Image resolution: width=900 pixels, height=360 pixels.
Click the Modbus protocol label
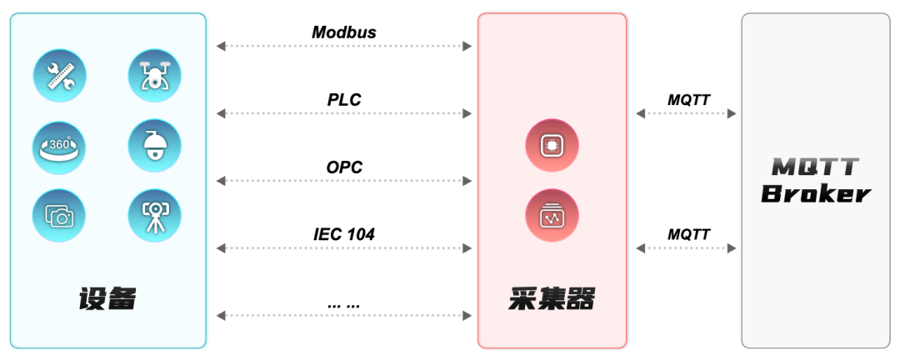[x=344, y=32]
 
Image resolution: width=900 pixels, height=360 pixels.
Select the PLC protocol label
[x=344, y=100]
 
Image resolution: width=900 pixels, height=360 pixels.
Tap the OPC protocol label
[x=344, y=167]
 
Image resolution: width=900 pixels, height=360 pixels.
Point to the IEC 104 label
[x=344, y=234]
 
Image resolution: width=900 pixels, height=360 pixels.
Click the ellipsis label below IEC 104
[x=344, y=303]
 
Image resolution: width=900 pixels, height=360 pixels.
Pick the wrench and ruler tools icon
[x=59, y=76]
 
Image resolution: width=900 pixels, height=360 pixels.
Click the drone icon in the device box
[x=154, y=76]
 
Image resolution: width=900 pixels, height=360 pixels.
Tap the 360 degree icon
[x=59, y=147]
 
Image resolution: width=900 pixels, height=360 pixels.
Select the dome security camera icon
[x=154, y=147]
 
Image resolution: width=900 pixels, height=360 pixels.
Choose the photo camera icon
[x=59, y=216]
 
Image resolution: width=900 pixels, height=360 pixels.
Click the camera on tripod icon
[x=154, y=216]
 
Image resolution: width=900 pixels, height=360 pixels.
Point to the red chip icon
[x=552, y=146]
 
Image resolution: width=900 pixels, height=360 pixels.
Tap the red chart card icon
[x=552, y=215]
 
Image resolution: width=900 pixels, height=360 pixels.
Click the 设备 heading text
[x=107, y=298]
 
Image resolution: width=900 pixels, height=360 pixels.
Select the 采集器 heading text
[x=552, y=298]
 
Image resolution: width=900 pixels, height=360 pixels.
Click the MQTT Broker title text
[x=816, y=180]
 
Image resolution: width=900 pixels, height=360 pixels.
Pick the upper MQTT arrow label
[x=689, y=100]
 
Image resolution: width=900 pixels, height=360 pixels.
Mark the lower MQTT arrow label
[x=689, y=234]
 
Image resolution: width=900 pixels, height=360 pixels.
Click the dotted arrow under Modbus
[x=344, y=46]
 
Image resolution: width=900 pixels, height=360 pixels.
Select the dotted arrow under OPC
[x=344, y=181]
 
